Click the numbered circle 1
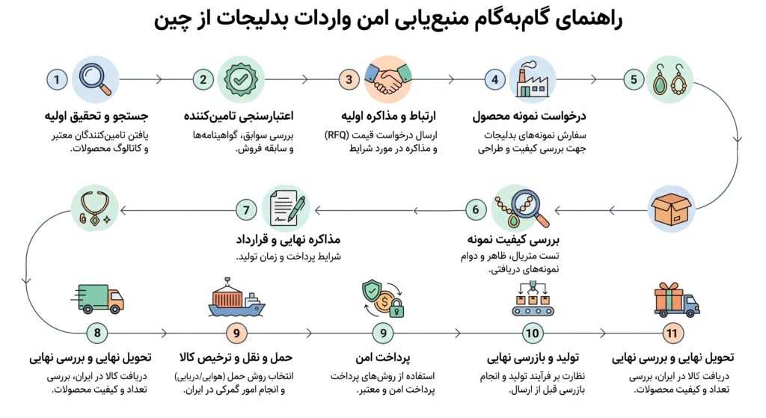coord(57,79)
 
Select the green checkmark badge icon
coord(241,79)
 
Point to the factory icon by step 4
coord(532,79)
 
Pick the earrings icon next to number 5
coord(670,79)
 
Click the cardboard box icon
coord(671,209)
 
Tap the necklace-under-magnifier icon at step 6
coord(520,209)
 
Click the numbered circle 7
coord(246,210)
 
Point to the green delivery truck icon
coord(97,298)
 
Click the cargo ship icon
coord(236,298)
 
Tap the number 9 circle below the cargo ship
coord(236,333)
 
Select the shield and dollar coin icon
coord(384,298)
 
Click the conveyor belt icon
coord(533,298)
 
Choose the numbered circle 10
coord(532,333)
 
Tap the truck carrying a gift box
coord(676,299)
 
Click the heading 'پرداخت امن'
coord(383,358)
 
